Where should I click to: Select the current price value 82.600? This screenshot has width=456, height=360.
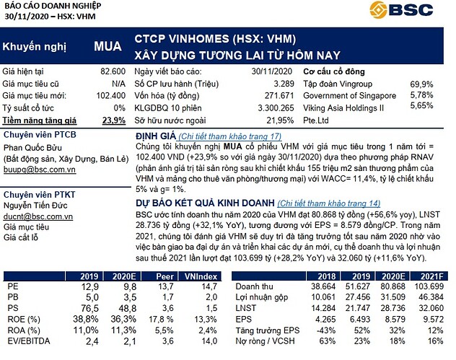point(115,71)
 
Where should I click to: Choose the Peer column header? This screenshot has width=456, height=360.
point(162,276)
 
